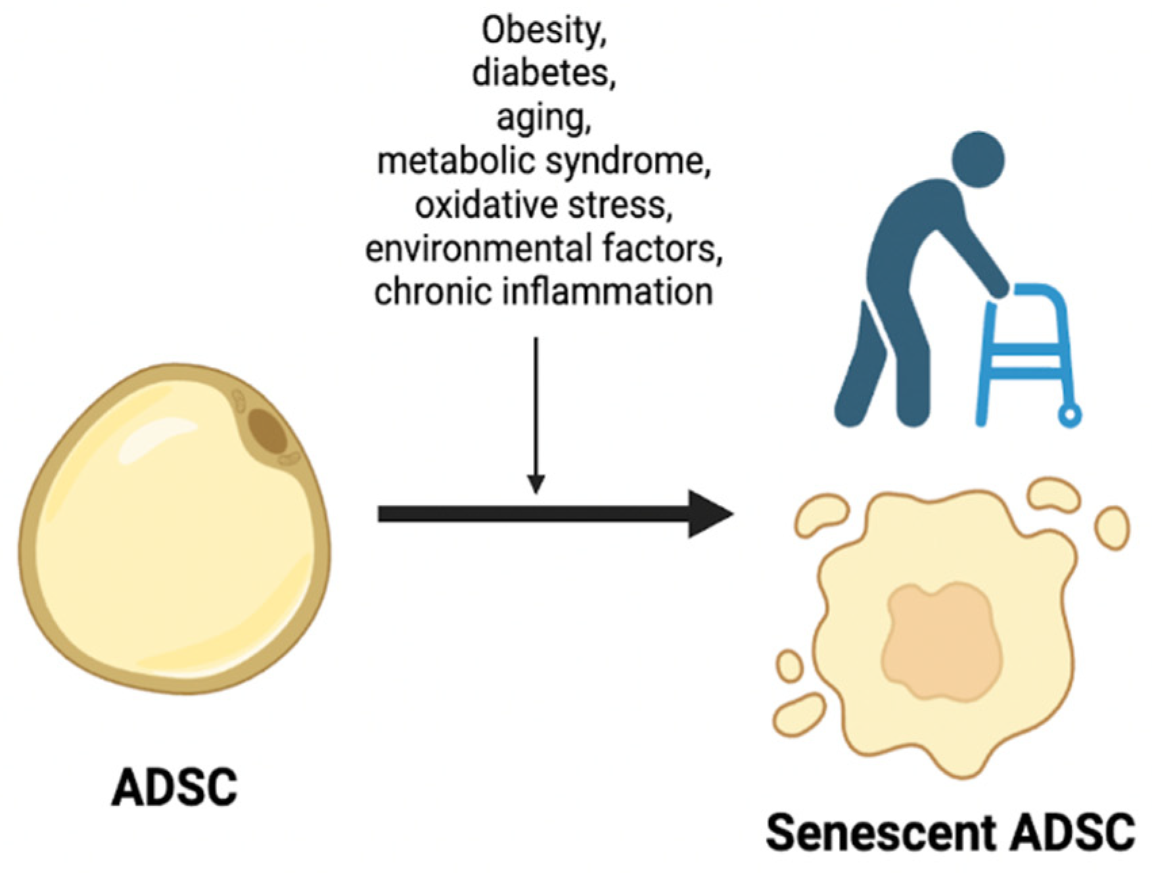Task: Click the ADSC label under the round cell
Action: click(x=175, y=787)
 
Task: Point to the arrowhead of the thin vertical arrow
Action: click(x=536, y=484)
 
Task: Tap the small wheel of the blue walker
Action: click(x=1069, y=415)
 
